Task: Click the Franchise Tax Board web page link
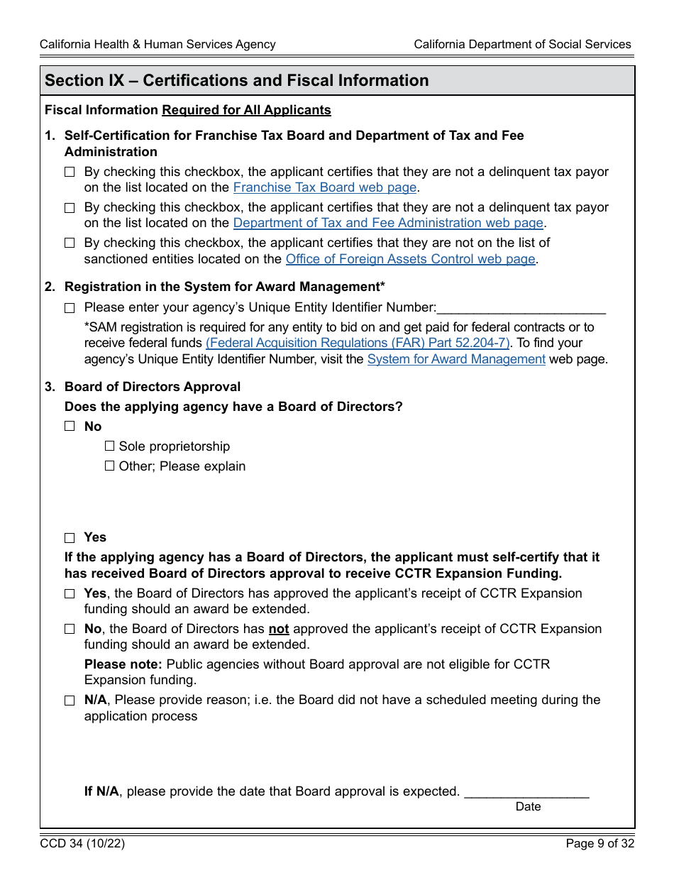(324, 187)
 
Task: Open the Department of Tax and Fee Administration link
(388, 223)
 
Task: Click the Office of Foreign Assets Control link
(410, 259)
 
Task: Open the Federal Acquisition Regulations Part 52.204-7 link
(358, 343)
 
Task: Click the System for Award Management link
(456, 359)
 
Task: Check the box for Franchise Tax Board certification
(70, 172)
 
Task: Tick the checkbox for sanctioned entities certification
(70, 243)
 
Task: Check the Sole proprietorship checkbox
(110, 446)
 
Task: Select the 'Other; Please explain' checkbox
(110, 466)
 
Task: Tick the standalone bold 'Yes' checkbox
(70, 538)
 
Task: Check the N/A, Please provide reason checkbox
(70, 701)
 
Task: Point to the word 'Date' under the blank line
(528, 806)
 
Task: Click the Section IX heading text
(236, 81)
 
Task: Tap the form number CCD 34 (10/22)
(82, 844)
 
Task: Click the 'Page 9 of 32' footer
(600, 844)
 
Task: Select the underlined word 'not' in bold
(279, 629)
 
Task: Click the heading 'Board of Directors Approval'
(153, 387)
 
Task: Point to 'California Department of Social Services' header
(522, 44)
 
